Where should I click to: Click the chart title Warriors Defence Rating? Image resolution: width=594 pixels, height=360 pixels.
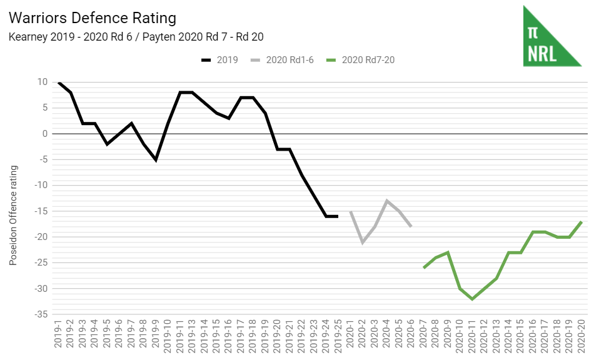(93, 18)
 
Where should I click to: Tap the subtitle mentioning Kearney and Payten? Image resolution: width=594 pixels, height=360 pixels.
(136, 37)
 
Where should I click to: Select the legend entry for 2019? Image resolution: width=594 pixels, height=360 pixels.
(219, 60)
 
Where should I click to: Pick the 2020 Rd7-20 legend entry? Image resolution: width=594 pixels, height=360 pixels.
(361, 60)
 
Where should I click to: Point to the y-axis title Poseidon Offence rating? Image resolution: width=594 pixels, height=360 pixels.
(13, 215)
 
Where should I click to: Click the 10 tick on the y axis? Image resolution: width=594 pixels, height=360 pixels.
(42, 82)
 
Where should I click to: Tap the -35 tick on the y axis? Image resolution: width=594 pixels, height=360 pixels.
(40, 314)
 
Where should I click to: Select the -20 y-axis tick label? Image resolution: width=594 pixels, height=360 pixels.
(40, 237)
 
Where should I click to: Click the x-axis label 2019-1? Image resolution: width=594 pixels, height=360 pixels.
(58, 337)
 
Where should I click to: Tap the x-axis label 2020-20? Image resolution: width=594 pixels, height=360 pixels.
(582, 337)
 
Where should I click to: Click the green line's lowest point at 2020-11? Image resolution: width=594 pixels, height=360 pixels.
(472, 299)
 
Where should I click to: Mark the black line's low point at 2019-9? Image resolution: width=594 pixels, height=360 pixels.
(156, 160)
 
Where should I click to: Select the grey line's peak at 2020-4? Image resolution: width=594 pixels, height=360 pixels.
(387, 201)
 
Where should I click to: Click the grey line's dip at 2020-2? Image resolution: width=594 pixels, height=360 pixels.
(363, 242)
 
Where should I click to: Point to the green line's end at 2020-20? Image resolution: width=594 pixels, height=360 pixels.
(582, 221)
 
